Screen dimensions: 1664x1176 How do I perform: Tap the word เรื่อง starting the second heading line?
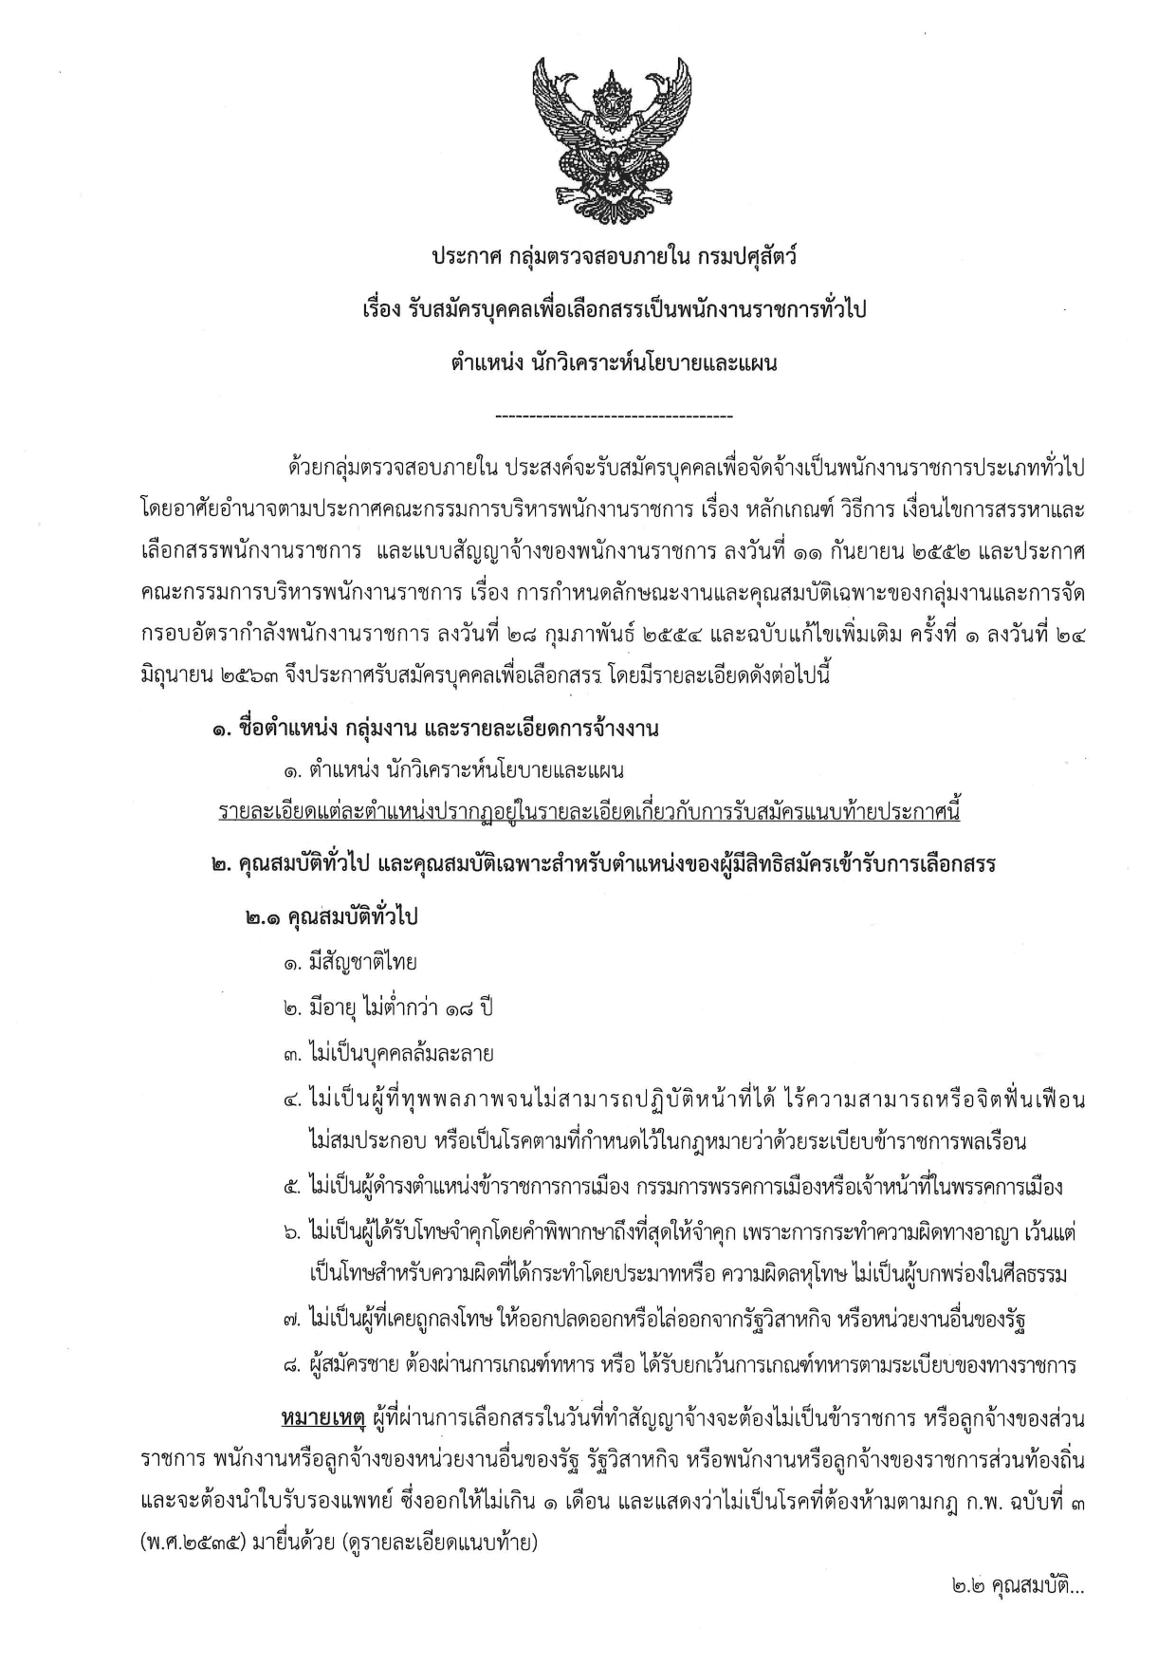click(x=375, y=309)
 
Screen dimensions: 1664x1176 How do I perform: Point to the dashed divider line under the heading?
click(x=614, y=416)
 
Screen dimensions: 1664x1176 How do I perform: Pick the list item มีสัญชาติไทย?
click(x=351, y=963)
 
